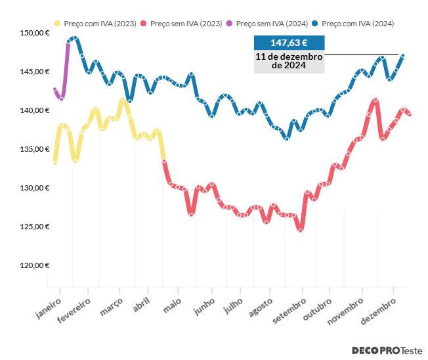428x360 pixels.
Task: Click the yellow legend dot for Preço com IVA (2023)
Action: (57, 24)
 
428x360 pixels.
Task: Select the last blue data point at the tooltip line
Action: (403, 56)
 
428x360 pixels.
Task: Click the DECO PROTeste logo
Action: (387, 351)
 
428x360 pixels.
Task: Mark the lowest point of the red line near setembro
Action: (301, 230)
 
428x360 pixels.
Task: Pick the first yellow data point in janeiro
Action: (54, 162)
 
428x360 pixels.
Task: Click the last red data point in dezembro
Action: (410, 115)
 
